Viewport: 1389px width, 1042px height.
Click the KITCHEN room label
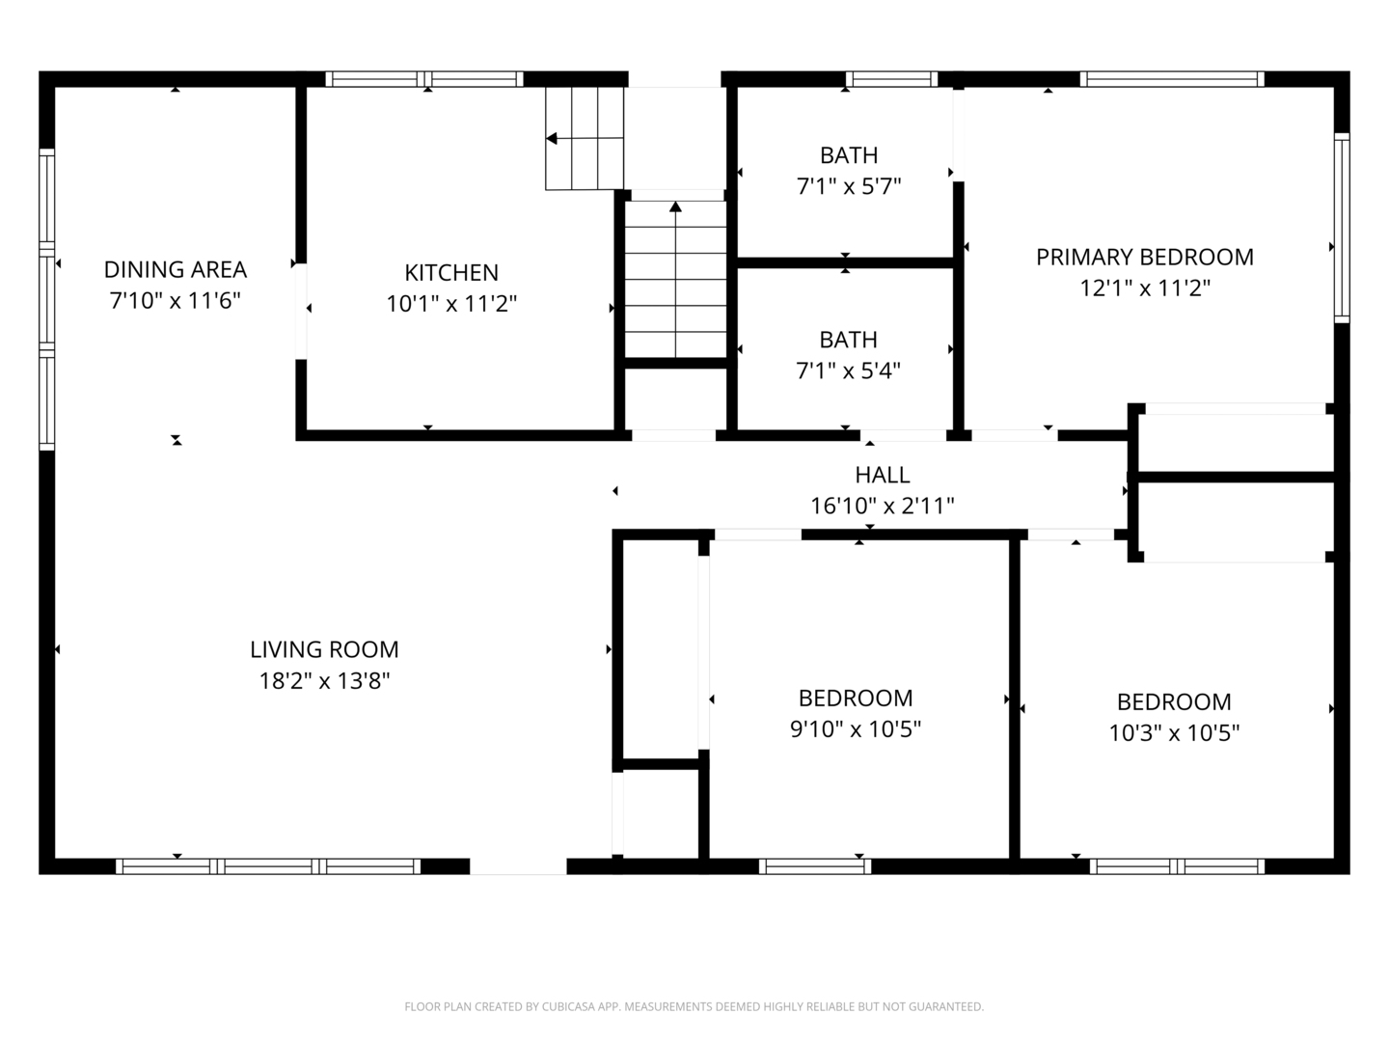point(451,273)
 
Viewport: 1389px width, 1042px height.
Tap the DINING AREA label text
point(176,269)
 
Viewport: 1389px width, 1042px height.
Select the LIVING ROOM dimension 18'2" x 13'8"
point(325,681)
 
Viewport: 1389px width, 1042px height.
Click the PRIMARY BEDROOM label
point(1145,257)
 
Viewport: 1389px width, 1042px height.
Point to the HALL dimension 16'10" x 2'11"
point(883,507)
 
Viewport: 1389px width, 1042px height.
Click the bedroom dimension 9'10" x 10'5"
point(856,729)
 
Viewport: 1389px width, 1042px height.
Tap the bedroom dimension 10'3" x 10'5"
point(1174,732)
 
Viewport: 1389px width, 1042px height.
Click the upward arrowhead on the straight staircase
point(676,206)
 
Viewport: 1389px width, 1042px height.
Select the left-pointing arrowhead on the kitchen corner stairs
point(552,138)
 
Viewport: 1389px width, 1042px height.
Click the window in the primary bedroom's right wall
point(1342,228)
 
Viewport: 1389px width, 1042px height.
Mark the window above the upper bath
point(891,79)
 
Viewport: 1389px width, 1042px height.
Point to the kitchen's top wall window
point(424,79)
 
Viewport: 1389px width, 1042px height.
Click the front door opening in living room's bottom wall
point(518,866)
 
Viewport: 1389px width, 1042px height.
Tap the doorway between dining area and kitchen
point(301,312)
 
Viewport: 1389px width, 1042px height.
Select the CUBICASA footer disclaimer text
point(694,1006)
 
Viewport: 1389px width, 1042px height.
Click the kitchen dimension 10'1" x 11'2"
point(451,304)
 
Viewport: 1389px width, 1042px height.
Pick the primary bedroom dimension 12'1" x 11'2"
point(1145,288)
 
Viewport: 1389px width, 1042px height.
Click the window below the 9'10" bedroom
point(815,866)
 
